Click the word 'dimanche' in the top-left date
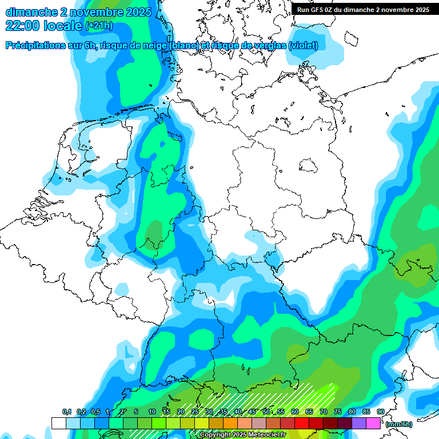[x=31, y=12]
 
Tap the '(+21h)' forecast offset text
[x=99, y=26]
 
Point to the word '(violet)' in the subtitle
[x=303, y=46]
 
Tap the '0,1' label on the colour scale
[x=66, y=412]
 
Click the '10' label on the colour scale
[x=151, y=412]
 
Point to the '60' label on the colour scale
[x=294, y=412]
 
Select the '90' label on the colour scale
[x=380, y=412]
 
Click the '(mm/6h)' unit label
[x=399, y=424]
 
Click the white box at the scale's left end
[x=58, y=423]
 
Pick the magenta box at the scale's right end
[x=373, y=423]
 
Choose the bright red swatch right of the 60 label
[x=302, y=423]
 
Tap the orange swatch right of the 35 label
[x=230, y=423]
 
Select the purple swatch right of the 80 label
[x=359, y=423]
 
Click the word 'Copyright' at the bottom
[x=216, y=435]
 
